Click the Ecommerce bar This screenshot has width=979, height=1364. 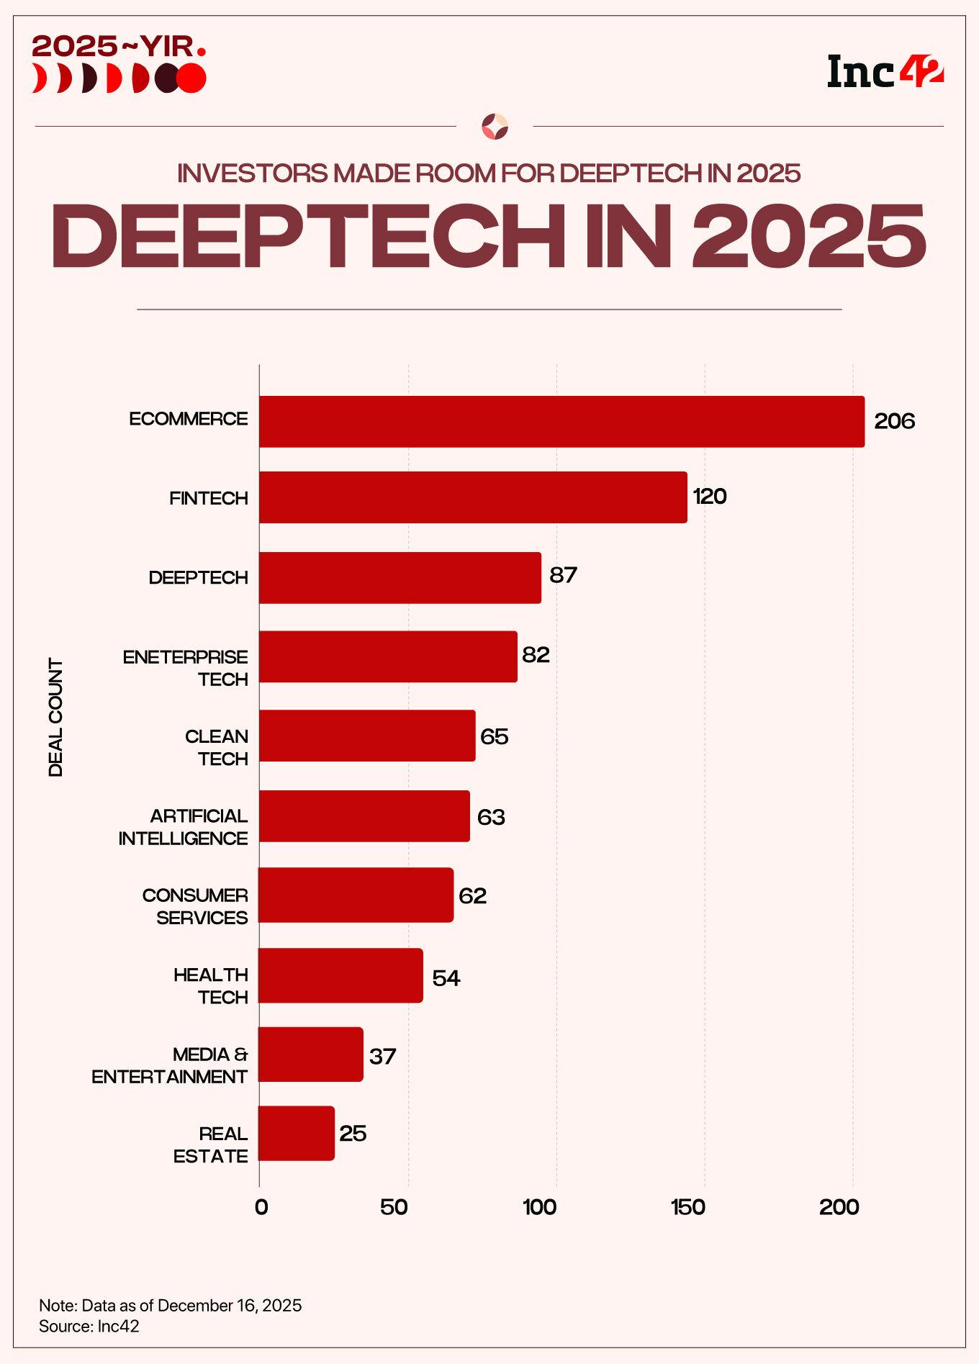[561, 422]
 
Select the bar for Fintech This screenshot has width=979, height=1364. [473, 497]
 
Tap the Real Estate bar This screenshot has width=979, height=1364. [297, 1133]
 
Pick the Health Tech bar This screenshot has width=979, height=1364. [340, 975]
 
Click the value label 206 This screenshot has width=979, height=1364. [894, 421]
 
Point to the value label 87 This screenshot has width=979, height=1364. [563, 575]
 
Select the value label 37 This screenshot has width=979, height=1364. [382, 1056]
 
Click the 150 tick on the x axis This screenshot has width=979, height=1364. [687, 1207]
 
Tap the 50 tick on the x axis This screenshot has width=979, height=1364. [394, 1207]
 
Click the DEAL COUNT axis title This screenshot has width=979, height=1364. [56, 717]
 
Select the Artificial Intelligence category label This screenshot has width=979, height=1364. [184, 827]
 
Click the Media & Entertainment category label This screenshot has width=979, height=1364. [170, 1065]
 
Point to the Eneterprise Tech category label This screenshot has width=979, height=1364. [186, 668]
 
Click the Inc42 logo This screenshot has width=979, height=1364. [885, 72]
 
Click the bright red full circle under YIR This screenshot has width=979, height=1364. [192, 78]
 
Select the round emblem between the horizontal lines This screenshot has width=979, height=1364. [495, 127]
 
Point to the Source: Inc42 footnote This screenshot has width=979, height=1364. [89, 1326]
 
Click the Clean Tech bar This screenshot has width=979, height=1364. [367, 736]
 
